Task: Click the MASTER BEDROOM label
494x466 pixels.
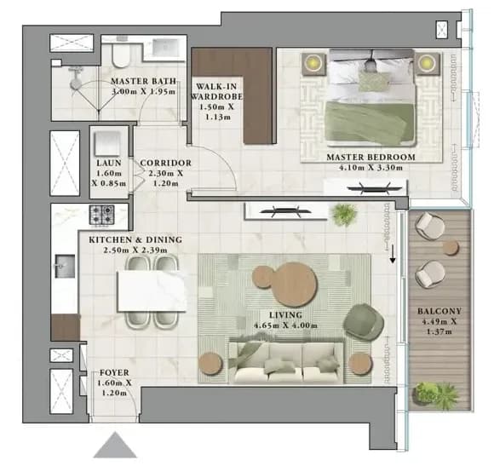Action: click(x=370, y=157)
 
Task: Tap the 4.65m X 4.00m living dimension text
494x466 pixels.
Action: click(x=285, y=325)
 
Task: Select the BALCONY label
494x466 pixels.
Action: click(x=439, y=311)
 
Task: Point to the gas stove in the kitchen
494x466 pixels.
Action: click(x=101, y=215)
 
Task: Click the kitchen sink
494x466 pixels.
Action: click(x=66, y=267)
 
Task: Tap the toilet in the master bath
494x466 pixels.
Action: click(x=121, y=54)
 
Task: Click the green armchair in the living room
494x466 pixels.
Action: click(x=365, y=323)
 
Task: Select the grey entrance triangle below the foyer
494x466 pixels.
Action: click(x=115, y=445)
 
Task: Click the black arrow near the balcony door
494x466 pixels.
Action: click(x=393, y=255)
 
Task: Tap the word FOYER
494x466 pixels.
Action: click(x=114, y=373)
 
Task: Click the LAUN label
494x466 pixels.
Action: click(x=109, y=163)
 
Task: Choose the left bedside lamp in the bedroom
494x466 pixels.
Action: click(x=313, y=63)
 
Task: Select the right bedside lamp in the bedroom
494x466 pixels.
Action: click(x=427, y=62)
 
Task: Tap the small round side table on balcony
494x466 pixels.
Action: click(x=451, y=248)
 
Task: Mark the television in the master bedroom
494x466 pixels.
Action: click(x=375, y=188)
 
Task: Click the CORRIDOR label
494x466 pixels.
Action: click(x=166, y=163)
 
